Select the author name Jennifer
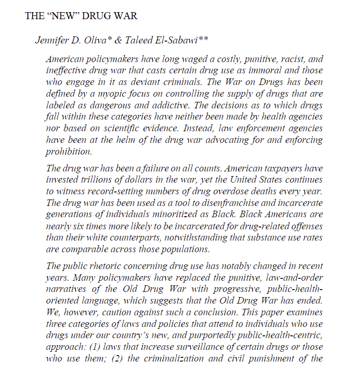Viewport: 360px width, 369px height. pos(51,40)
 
